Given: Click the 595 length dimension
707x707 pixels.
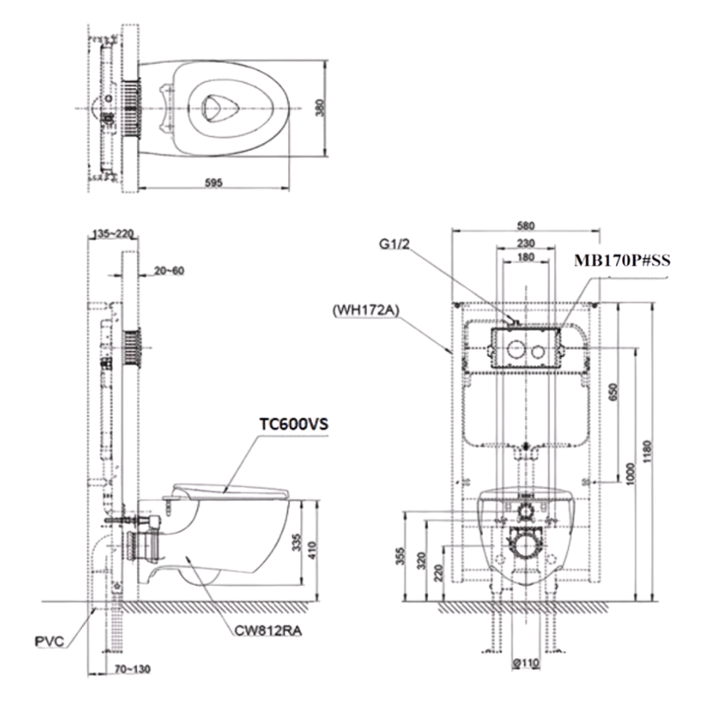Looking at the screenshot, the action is tap(214, 183).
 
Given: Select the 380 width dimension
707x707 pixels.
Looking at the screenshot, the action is tap(319, 108).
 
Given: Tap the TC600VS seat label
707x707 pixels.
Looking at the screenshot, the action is tap(293, 424).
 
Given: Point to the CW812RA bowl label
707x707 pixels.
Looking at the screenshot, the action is tap(268, 630).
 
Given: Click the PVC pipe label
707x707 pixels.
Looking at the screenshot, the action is tap(49, 641).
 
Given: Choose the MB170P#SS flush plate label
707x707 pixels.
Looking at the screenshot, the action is tap(622, 261).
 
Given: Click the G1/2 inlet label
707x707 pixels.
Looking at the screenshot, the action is tap(394, 244).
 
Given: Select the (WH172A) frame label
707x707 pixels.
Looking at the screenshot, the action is tap(366, 311).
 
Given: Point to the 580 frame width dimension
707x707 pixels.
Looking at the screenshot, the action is tap(526, 225).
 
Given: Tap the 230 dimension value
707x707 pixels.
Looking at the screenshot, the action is tap(526, 243).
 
